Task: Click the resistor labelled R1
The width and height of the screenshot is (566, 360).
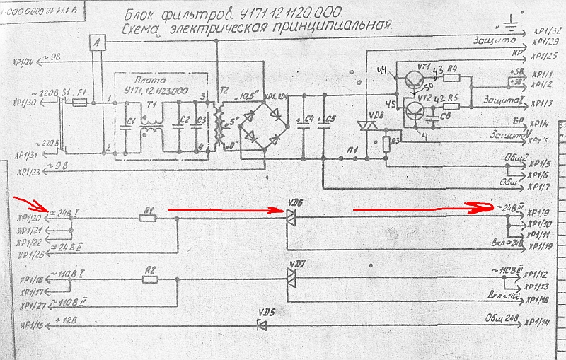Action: (x=148, y=218)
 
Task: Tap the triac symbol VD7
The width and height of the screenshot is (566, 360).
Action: (x=291, y=279)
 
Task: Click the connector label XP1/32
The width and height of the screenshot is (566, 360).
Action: (x=545, y=31)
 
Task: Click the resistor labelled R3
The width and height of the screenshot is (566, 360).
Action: (x=385, y=144)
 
